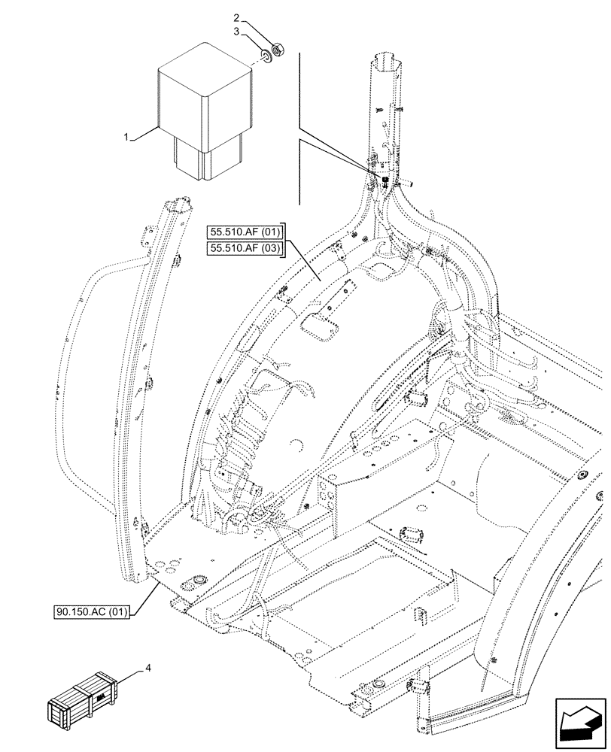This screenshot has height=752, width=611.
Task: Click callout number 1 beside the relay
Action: pyautogui.click(x=126, y=138)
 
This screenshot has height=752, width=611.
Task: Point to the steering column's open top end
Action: pyautogui.click(x=385, y=58)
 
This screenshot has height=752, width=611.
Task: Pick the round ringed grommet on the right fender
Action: pyautogui.click(x=583, y=477)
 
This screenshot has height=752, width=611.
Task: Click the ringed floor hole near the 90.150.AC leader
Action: pyautogui.click(x=200, y=581)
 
